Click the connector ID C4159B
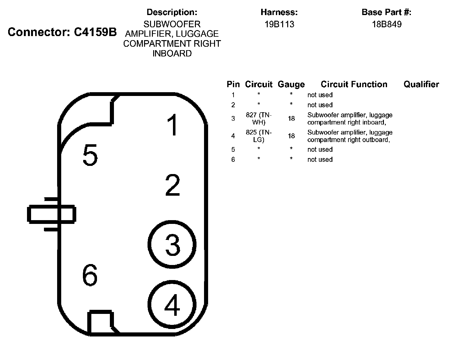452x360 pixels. point(95,32)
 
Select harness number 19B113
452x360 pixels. point(279,24)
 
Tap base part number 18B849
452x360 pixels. point(386,24)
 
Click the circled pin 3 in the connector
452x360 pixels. point(172,244)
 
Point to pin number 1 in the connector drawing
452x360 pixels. point(172,125)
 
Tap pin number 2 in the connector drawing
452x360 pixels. point(172,186)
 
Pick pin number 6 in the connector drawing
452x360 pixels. point(90,275)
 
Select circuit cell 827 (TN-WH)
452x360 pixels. point(259,119)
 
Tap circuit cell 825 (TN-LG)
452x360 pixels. point(259,136)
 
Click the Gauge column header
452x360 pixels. point(291,84)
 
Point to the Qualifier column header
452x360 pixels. point(421,84)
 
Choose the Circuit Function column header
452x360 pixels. point(354,84)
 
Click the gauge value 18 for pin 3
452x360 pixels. point(291,119)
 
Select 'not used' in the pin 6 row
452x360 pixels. point(320,159)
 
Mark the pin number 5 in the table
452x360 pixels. point(233,149)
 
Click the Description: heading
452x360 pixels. point(172,12)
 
